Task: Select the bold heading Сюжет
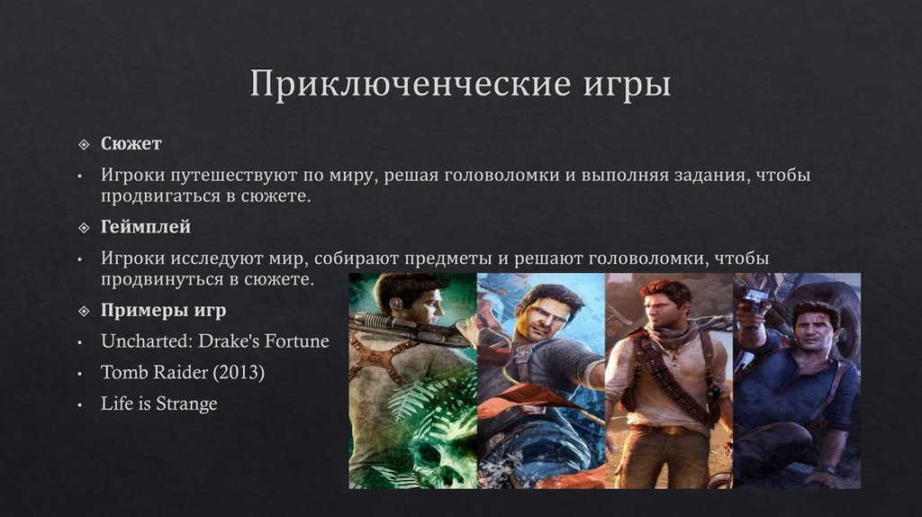click(131, 144)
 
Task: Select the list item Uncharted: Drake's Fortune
click(215, 341)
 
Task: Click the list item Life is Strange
click(159, 404)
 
